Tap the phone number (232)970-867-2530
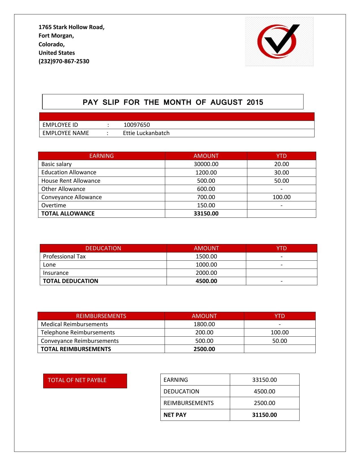pos(64,61)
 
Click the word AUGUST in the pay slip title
pos(226,102)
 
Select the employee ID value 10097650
pos(137,125)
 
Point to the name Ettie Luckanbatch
pos(146,133)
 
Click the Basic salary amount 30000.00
pos(206,164)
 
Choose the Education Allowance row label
pos(69,172)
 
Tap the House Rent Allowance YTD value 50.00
pos(281,181)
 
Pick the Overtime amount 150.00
pos(206,205)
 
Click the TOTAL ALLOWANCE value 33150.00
pos(206,214)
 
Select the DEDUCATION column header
pos(103,248)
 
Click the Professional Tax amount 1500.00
pos(206,256)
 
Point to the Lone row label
pos(49,265)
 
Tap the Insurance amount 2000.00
pos(206,273)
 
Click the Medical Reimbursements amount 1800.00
pos(204,324)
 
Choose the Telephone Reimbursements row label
pos(78,332)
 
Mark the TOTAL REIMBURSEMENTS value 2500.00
pos(204,349)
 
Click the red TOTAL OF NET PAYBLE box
pos(85,381)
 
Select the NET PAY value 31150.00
pos(264,415)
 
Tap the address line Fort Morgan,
pos(56,36)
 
